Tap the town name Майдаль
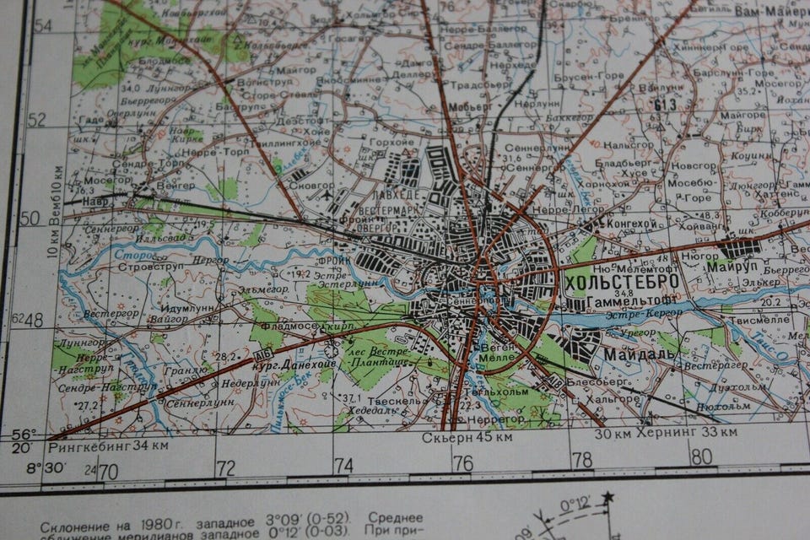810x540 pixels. click(x=639, y=355)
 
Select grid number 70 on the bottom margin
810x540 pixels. click(x=107, y=470)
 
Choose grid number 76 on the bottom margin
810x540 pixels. click(x=462, y=462)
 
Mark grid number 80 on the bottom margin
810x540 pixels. click(x=700, y=456)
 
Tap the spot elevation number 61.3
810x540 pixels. click(x=666, y=104)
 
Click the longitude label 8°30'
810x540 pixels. click(x=45, y=467)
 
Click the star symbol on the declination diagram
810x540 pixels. click(x=607, y=498)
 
